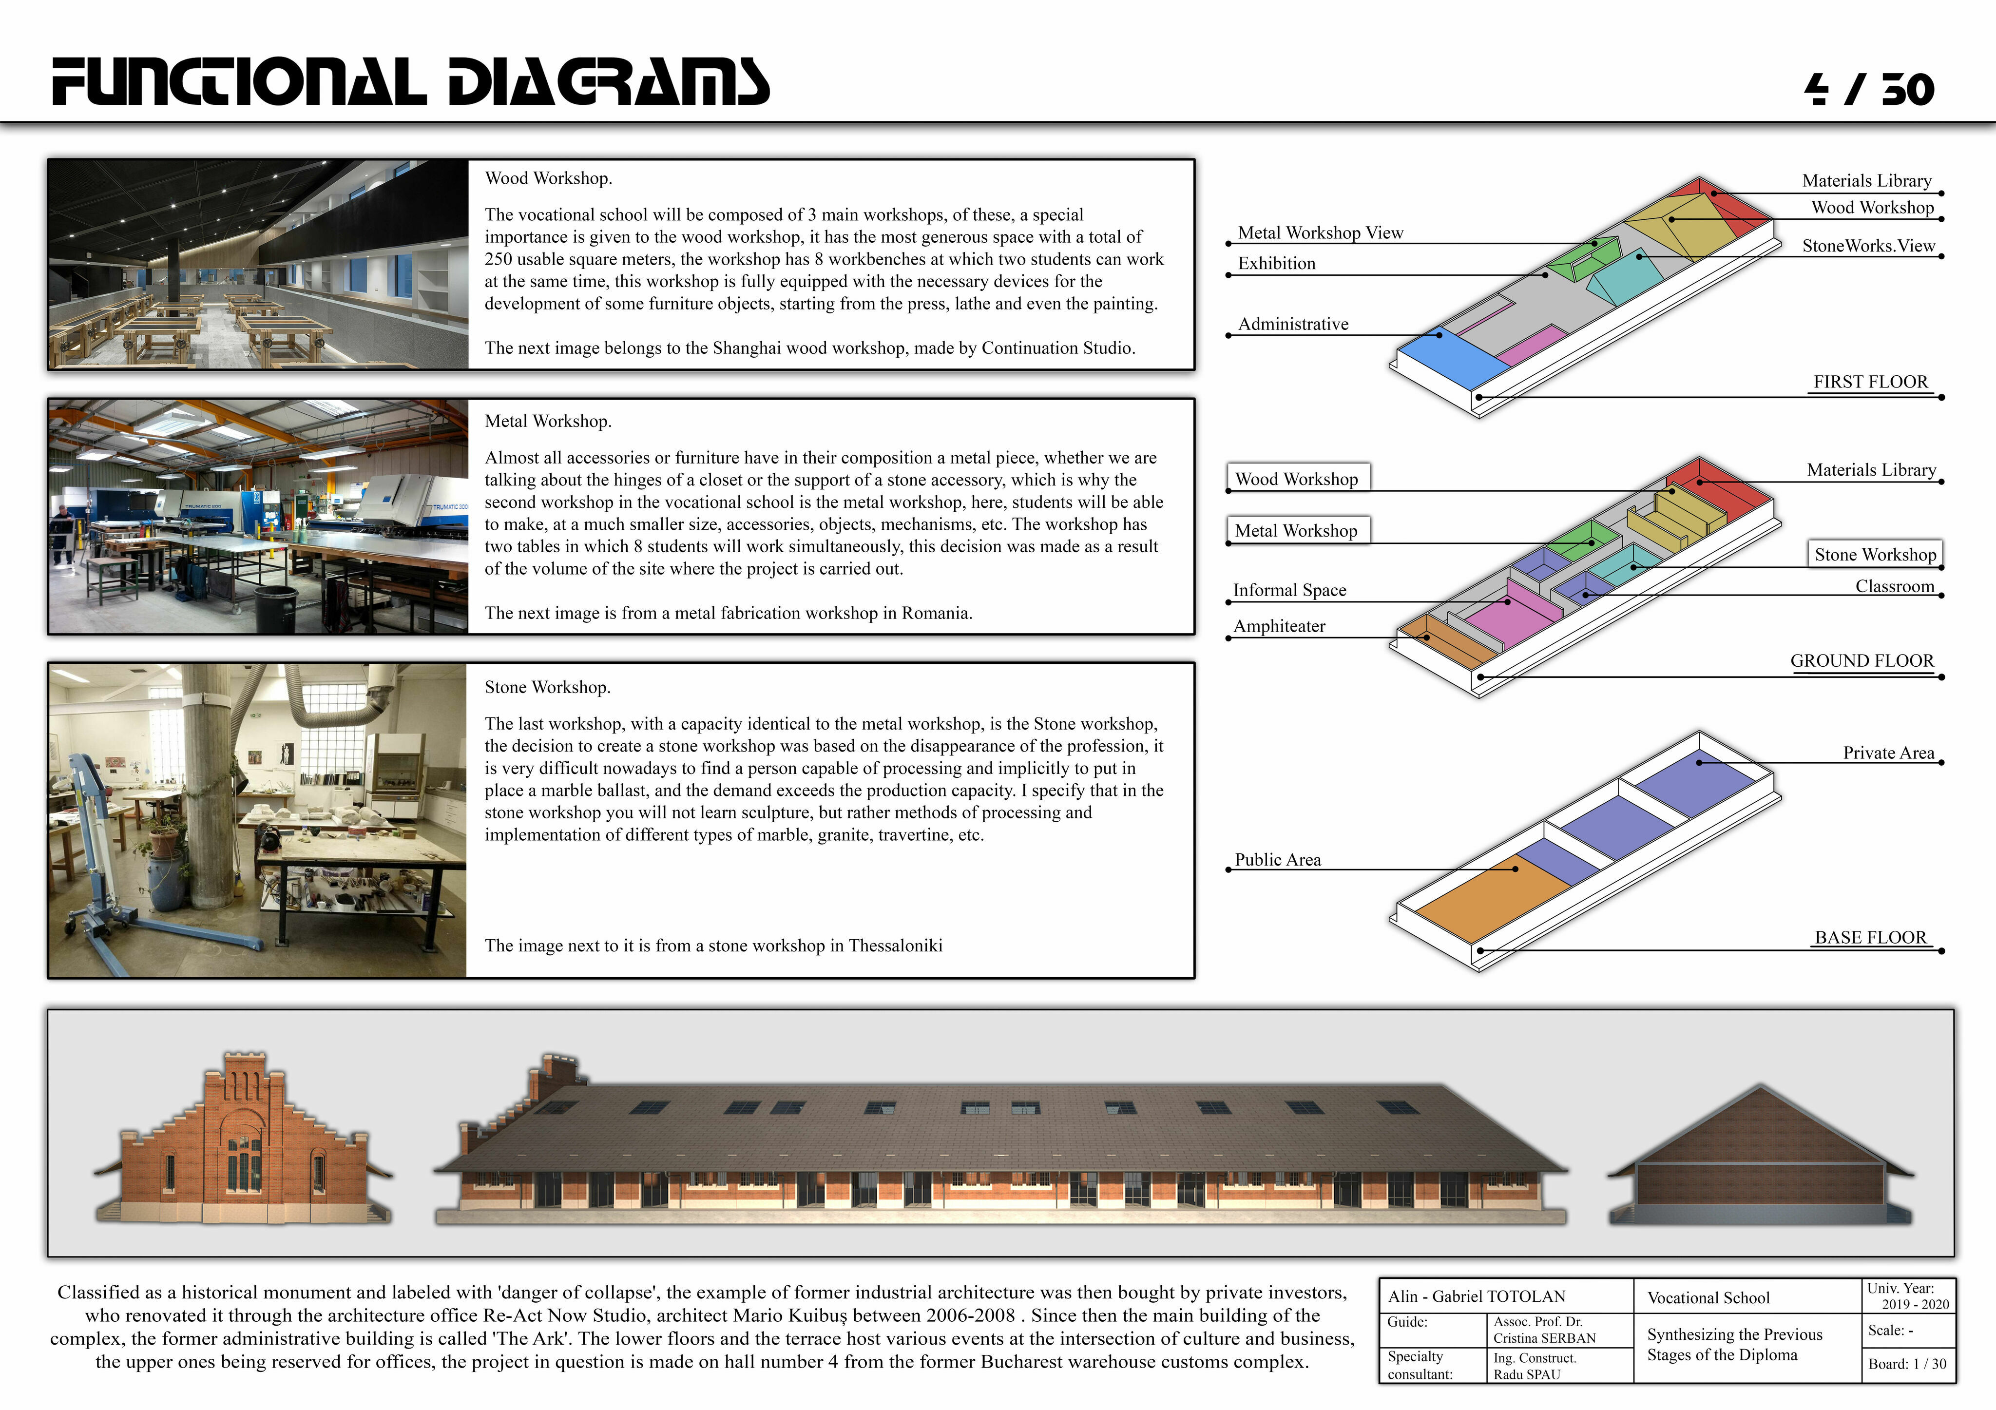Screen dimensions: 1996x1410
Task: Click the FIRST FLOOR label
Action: click(1870, 382)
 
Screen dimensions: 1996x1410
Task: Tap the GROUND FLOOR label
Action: click(1862, 661)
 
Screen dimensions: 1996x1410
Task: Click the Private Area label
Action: click(1888, 753)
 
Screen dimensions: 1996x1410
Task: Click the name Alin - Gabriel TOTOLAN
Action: click(1476, 1296)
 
